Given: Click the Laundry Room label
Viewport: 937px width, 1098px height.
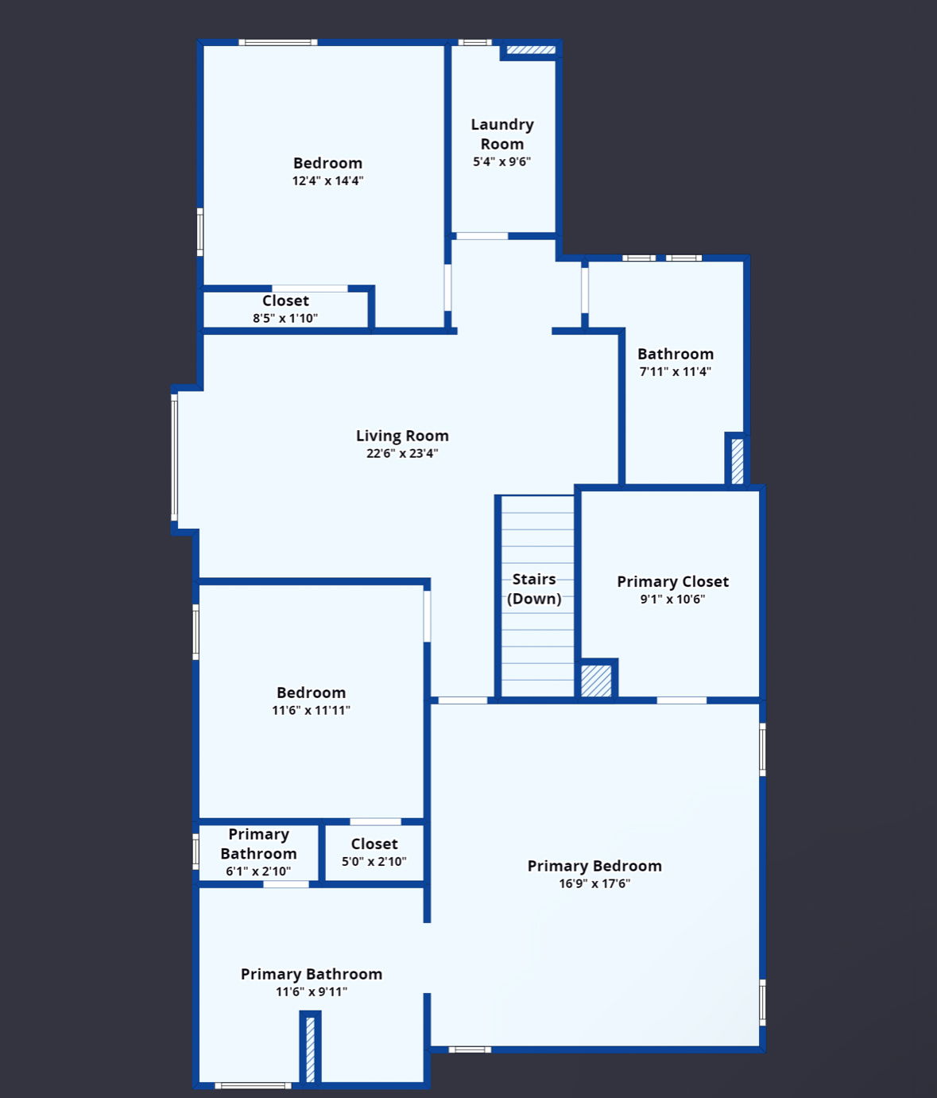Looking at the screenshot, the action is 502,134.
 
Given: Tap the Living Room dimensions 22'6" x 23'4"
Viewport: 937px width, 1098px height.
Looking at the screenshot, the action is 402,453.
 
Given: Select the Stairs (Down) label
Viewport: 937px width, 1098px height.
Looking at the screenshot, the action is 534,588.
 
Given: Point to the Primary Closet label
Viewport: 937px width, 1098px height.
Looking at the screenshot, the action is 672,582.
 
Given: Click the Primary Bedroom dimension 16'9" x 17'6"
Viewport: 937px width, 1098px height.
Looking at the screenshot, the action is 594,883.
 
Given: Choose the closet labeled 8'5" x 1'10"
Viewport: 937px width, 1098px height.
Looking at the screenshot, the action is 285,308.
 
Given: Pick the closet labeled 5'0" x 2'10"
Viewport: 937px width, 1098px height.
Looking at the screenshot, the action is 374,852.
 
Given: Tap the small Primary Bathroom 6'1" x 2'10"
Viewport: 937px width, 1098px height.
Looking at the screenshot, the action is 258,852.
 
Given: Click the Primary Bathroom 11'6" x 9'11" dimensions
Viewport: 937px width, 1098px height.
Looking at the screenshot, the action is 312,991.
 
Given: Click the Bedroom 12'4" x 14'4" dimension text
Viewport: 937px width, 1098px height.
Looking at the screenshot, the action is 327,180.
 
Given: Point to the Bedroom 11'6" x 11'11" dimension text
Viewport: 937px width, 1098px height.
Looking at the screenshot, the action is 311,710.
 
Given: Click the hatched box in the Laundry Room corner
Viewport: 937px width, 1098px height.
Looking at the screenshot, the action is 531,50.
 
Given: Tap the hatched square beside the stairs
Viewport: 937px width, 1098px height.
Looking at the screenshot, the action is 596,681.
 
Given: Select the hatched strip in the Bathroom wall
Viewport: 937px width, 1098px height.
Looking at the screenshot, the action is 738,460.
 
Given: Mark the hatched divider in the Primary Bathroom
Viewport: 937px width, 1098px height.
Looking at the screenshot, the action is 311,1050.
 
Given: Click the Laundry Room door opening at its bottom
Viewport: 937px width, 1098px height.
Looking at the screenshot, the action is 482,236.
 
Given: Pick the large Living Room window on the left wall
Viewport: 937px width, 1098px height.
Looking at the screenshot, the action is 174,457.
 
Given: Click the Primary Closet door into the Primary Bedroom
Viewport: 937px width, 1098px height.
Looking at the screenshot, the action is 682,700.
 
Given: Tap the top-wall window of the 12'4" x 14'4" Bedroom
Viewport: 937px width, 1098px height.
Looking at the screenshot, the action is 277,42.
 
